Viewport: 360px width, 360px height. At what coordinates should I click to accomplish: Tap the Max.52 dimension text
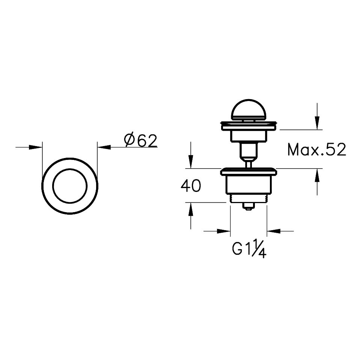click(316, 150)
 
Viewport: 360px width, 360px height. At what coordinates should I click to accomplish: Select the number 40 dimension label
click(191, 186)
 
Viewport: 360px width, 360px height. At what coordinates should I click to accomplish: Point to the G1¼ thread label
click(249, 249)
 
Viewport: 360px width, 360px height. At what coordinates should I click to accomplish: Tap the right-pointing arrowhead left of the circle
click(36, 147)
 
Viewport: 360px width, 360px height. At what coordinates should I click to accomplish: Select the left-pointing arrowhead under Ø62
click(104, 147)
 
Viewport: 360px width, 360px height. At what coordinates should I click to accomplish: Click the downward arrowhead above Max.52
click(317, 123)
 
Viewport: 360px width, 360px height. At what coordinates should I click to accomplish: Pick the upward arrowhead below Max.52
click(317, 175)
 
